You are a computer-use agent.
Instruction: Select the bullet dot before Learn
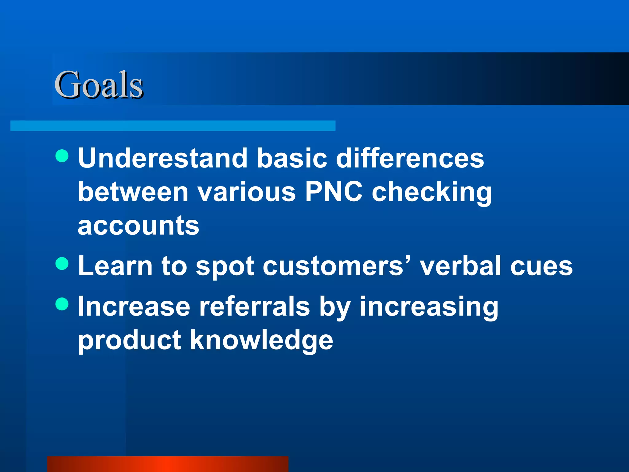point(62,264)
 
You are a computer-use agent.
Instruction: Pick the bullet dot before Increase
point(62,304)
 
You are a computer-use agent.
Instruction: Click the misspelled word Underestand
point(162,158)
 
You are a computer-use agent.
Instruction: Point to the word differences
point(410,158)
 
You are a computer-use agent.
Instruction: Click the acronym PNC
point(334,192)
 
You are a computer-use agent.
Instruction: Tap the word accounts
point(139,226)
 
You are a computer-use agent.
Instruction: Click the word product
point(129,341)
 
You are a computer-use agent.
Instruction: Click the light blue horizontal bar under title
point(173,126)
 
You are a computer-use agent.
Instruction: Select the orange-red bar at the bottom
point(168,464)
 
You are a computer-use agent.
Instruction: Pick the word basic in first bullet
point(292,158)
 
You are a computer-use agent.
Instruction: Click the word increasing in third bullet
point(429,307)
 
